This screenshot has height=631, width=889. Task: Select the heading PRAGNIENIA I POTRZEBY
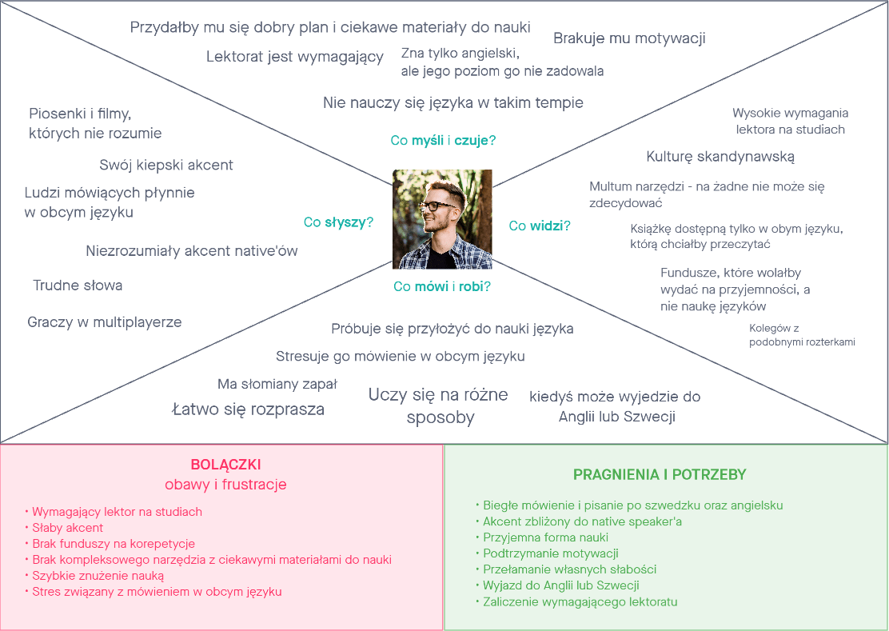pyautogui.click(x=660, y=474)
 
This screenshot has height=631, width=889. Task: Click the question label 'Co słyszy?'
pyautogui.click(x=338, y=222)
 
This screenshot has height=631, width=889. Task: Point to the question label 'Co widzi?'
pyautogui.click(x=540, y=226)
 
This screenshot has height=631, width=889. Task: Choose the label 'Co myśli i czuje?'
pyautogui.click(x=443, y=141)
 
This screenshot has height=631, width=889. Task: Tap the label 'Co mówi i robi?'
pyautogui.click(x=441, y=286)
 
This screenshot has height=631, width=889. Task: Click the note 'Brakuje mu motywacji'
pyautogui.click(x=629, y=38)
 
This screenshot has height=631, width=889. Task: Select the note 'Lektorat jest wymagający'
pyautogui.click(x=295, y=57)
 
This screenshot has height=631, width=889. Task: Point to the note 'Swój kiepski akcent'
pyautogui.click(x=166, y=166)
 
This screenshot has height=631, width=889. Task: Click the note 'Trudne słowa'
pyautogui.click(x=78, y=286)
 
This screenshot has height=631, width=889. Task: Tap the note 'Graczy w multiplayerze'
pyautogui.click(x=105, y=322)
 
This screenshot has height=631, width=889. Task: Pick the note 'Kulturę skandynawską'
pyautogui.click(x=720, y=156)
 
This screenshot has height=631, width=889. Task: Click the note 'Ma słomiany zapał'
pyautogui.click(x=277, y=385)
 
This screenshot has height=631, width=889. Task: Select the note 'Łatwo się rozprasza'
pyautogui.click(x=249, y=409)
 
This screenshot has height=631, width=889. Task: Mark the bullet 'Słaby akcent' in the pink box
pyautogui.click(x=68, y=528)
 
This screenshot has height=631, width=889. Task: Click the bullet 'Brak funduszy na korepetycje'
pyautogui.click(x=114, y=544)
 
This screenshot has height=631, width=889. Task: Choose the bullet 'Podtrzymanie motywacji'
pyautogui.click(x=551, y=553)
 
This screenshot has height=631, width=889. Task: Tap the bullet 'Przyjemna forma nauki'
pyautogui.click(x=545, y=537)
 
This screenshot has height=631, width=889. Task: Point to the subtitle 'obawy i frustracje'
pyautogui.click(x=225, y=485)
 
